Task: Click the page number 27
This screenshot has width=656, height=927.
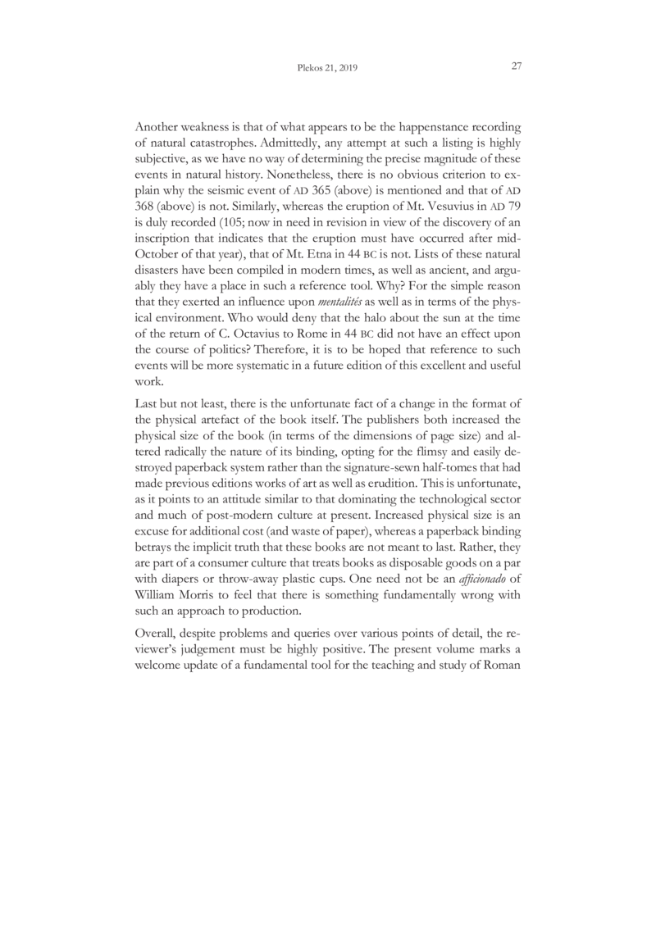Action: tap(517, 67)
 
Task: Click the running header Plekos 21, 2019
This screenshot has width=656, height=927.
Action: tap(327, 69)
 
